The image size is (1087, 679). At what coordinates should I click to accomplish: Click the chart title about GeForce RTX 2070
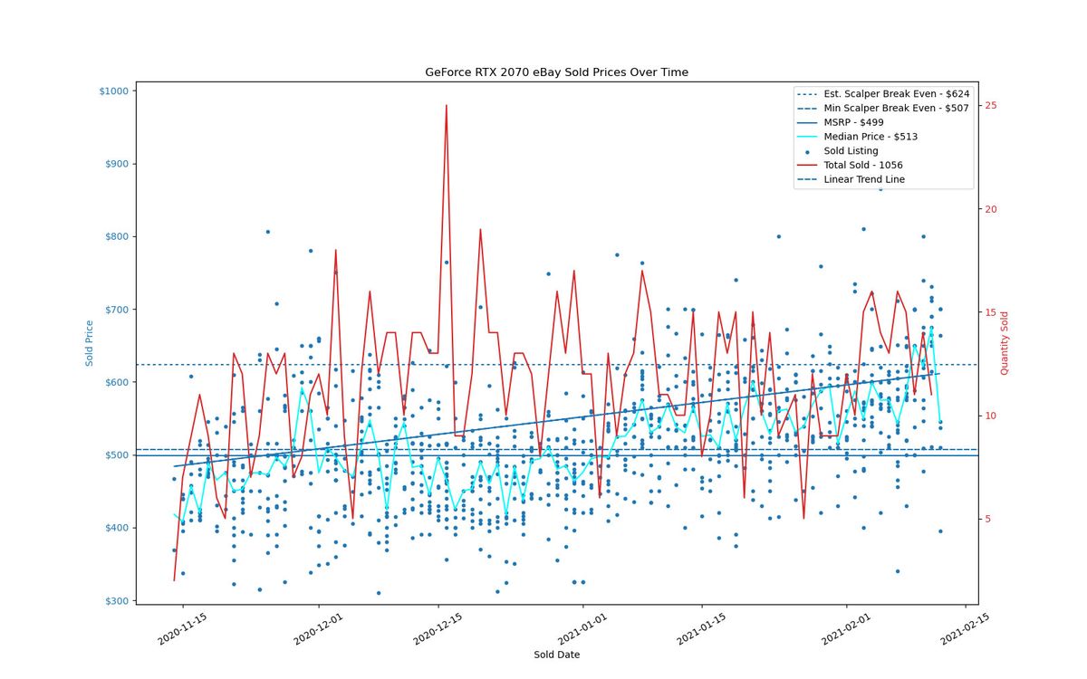(556, 72)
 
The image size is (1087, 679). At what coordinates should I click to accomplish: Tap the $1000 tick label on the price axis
(114, 91)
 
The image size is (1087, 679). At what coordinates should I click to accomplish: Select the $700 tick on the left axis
(117, 310)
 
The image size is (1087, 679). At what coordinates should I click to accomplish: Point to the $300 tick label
(117, 601)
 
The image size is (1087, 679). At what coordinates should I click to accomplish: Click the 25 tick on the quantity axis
(991, 105)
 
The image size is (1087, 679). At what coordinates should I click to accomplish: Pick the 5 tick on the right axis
(988, 519)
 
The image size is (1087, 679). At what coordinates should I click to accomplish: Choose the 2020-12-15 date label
(438, 628)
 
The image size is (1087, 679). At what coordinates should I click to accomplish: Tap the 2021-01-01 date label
(582, 628)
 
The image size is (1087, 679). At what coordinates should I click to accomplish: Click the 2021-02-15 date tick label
(964, 628)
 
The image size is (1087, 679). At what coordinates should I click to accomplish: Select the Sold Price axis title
(90, 343)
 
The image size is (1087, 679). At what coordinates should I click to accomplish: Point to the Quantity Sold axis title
(1004, 343)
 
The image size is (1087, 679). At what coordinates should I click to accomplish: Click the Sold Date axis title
(556, 655)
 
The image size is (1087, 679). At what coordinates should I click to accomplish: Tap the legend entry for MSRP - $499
(840, 122)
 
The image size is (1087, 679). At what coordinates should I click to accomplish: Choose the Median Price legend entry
(857, 137)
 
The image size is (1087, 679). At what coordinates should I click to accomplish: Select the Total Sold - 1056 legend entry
(850, 165)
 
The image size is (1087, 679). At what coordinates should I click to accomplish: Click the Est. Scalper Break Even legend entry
(883, 93)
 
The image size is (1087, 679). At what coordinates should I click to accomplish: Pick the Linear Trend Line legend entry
(851, 179)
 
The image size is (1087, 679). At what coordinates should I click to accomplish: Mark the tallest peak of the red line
(446, 105)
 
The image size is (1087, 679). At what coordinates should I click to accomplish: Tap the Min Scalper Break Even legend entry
(882, 108)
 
